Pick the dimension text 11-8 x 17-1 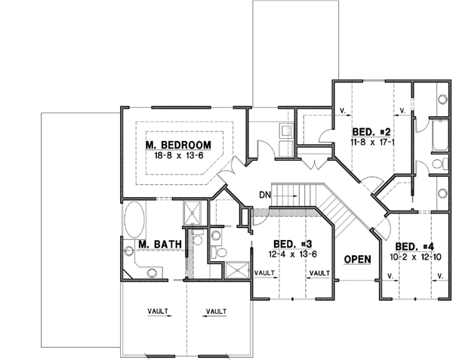368,140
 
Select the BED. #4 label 415,247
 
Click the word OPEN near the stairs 357,260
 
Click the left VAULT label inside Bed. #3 264,273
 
